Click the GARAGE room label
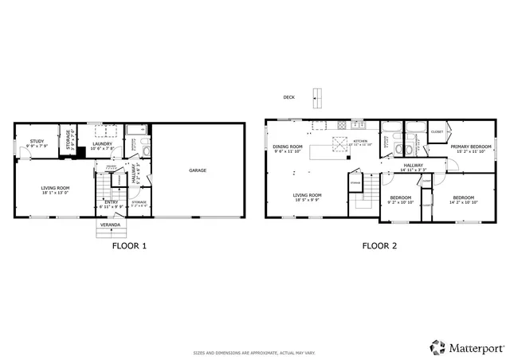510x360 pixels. point(198,170)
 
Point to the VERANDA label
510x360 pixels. point(109,225)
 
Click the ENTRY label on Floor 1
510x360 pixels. point(110,202)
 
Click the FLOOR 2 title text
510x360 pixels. point(379,246)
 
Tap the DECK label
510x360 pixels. point(288,98)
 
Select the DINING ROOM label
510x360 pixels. point(288,147)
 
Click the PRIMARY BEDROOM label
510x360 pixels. point(470,147)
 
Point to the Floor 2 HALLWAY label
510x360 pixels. point(412,166)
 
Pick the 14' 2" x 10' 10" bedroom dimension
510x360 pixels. point(463,202)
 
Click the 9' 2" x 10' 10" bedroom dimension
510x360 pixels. point(400,202)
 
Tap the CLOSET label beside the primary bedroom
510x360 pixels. point(437,131)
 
